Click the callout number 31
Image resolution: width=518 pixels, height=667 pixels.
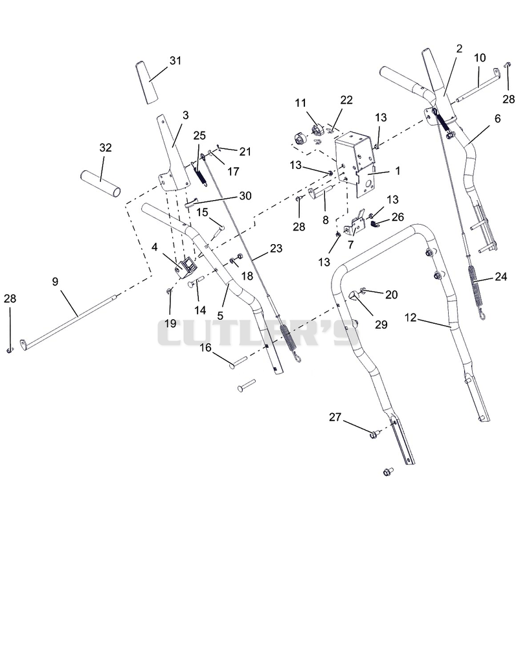point(175,61)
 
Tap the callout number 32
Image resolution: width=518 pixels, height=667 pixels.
point(106,148)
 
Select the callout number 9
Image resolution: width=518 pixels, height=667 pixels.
point(55,281)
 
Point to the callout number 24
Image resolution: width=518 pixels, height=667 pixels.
point(501,277)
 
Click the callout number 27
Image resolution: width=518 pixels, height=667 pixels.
point(335,417)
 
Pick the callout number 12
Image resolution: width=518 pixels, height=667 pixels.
point(411,317)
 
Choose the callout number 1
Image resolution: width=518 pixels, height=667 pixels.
point(398,171)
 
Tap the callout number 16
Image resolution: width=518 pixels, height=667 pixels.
point(205,348)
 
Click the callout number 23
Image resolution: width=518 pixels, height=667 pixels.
point(276,248)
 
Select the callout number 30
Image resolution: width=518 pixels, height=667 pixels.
point(245,196)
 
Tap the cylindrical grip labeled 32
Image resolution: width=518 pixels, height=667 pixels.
point(100,184)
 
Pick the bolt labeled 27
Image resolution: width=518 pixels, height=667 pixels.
point(374,434)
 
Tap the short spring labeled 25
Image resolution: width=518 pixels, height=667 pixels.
point(200,175)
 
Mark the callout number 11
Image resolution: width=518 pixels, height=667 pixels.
point(300,103)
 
